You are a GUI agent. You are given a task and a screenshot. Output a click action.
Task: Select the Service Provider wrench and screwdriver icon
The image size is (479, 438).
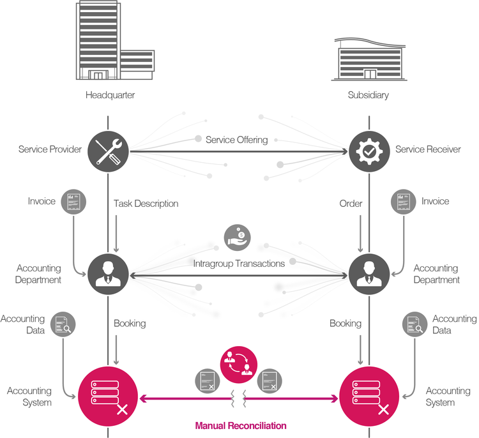click(107, 151)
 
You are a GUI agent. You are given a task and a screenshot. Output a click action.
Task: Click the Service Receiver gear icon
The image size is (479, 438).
click(369, 151)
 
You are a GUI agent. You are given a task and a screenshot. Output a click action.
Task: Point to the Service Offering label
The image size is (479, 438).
click(236, 139)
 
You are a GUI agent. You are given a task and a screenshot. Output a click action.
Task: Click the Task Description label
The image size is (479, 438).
click(146, 204)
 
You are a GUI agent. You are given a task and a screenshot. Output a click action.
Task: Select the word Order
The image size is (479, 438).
click(351, 204)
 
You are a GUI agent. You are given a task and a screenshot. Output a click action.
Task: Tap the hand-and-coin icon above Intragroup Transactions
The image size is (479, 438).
click(238, 237)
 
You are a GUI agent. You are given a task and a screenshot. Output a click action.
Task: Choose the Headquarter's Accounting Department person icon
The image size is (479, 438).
click(107, 275)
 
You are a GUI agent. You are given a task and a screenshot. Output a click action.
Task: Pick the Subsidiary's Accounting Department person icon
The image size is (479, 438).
click(369, 275)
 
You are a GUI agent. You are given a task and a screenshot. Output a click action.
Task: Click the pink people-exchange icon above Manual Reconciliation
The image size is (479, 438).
click(238, 362)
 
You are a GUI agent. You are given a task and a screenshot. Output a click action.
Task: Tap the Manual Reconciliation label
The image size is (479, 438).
click(240, 425)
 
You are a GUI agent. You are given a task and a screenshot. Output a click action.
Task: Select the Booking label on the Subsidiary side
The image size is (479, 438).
click(345, 324)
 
